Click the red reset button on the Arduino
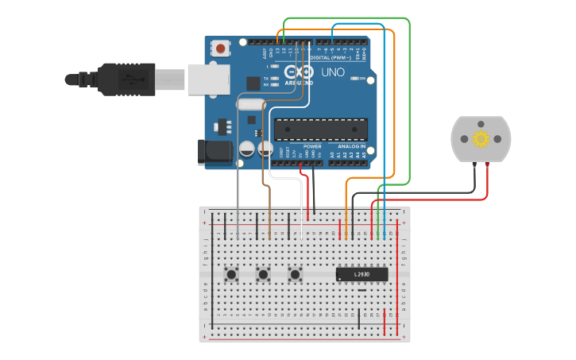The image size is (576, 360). coord(220,48)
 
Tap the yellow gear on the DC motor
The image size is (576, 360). coord(481,139)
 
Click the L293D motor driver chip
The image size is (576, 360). coord(361,274)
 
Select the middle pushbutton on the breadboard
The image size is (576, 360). coord(263,275)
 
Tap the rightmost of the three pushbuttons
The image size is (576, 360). coord(296,275)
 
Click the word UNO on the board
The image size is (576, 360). coord(333,72)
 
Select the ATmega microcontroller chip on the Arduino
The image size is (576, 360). coord(321,129)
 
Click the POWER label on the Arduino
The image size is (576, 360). coord(312,146)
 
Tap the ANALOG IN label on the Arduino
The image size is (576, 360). coord(350,146)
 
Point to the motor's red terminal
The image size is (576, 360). coord(486,165)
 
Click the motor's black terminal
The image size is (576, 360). coord(474,165)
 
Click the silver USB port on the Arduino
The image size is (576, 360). coord(209,79)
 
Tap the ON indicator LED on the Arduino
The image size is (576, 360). coord(355,79)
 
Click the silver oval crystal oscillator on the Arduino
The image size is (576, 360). coord(250,103)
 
